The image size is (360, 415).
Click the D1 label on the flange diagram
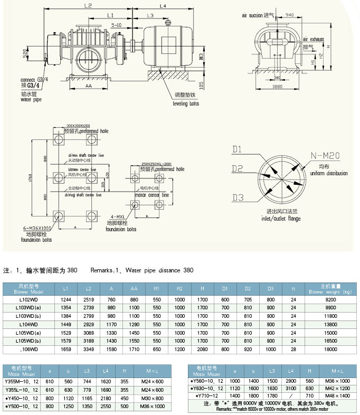click(238, 149)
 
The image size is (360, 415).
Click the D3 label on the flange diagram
click(238, 198)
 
